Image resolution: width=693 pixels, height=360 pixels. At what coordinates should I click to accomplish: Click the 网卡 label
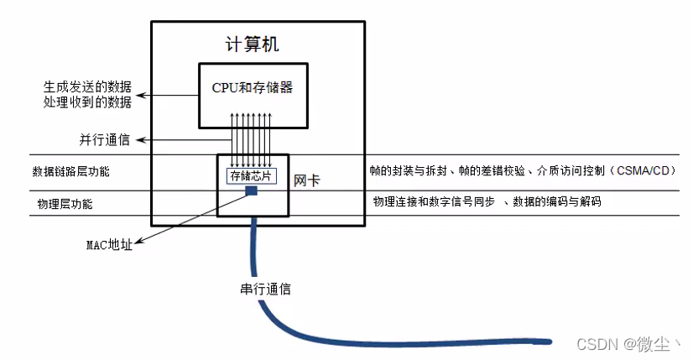305,180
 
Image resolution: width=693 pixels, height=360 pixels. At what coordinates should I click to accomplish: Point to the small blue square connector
251,191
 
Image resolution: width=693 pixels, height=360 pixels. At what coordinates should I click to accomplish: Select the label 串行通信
265,290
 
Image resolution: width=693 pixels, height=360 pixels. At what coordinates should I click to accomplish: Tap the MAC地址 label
110,246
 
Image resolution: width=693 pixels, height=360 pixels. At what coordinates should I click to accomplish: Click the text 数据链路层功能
70,171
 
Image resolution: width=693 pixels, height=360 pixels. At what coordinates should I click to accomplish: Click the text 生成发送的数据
87,87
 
